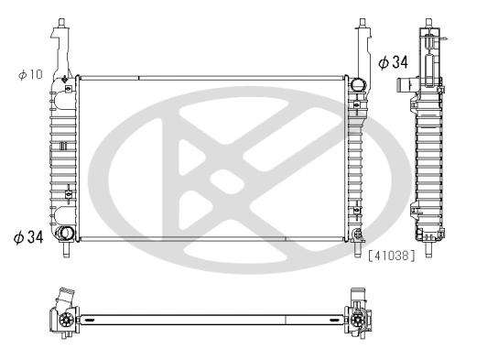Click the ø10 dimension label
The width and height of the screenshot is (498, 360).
[30, 73]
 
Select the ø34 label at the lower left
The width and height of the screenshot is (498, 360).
[28, 237]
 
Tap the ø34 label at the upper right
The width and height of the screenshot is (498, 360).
[393, 62]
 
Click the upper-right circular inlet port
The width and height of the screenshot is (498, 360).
[357, 88]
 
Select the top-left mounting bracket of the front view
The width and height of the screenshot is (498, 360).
[60, 41]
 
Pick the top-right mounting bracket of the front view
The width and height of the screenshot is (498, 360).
[363, 41]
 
